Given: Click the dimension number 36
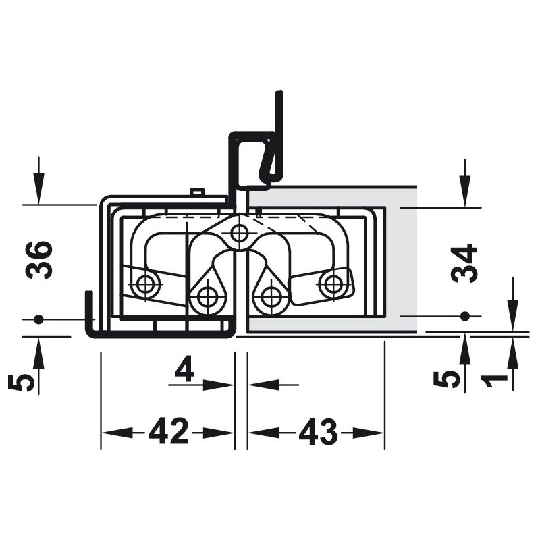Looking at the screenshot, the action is [x=39, y=260].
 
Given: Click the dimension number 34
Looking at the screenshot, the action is [x=464, y=263].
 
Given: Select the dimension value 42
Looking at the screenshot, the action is [x=169, y=431].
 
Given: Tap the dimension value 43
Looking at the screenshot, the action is [x=318, y=431].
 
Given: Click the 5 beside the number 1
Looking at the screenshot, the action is [x=447, y=380].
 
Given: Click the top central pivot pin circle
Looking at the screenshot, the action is [x=238, y=233].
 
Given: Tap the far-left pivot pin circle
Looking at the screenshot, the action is [x=145, y=284].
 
